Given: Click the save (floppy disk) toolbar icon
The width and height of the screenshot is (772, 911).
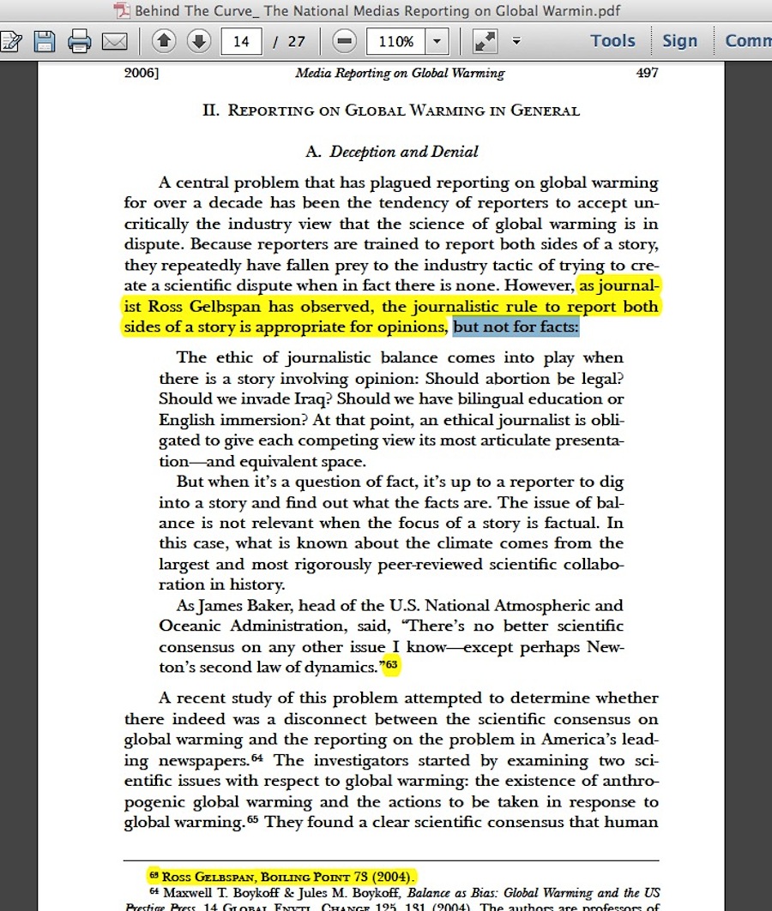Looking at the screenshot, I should click(x=45, y=40).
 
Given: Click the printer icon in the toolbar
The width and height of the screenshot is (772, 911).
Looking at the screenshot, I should click(x=80, y=40).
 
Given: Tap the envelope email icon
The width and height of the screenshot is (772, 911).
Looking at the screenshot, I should click(x=114, y=40).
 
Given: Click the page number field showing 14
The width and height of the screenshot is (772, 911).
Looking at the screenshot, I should click(x=240, y=41).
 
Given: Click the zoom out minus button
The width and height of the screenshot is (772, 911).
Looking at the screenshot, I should click(x=344, y=40).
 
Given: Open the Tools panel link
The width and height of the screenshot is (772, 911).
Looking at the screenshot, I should click(x=612, y=40).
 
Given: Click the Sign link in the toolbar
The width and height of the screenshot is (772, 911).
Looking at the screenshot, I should click(x=679, y=40).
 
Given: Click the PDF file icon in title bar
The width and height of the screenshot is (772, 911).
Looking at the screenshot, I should click(x=122, y=11).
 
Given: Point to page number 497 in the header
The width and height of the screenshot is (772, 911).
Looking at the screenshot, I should click(x=647, y=73).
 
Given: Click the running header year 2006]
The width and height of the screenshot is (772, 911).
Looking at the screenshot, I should click(x=142, y=73).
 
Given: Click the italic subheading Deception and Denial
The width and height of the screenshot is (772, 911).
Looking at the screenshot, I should click(x=404, y=152).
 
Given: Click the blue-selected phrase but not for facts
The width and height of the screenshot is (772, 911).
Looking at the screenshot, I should click(x=516, y=327).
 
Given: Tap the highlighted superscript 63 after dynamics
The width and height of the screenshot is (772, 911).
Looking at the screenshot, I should click(x=392, y=664).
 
